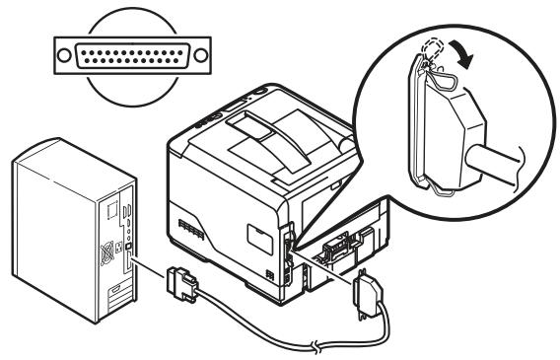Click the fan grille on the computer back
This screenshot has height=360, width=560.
click(x=107, y=252)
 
